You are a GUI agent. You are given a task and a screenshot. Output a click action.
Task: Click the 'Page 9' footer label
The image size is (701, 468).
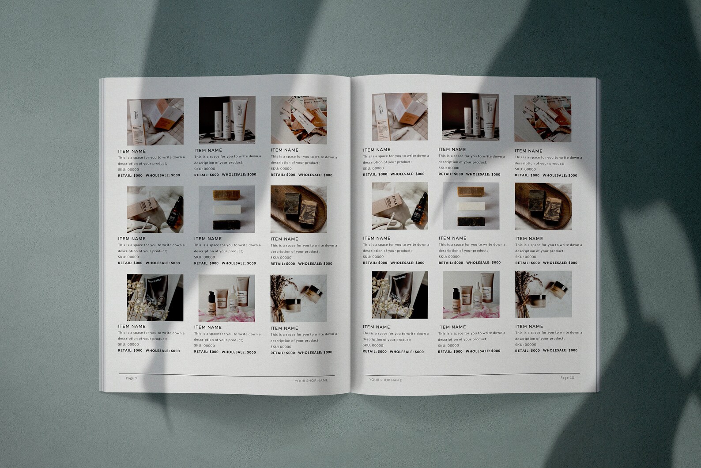(x=132, y=378)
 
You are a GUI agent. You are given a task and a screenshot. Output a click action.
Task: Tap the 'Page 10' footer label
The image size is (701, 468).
(x=567, y=378)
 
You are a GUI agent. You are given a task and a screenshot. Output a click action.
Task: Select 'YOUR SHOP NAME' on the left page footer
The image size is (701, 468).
(x=311, y=380)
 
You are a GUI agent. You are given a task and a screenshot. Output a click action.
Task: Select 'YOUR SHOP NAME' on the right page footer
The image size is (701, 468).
(x=385, y=380)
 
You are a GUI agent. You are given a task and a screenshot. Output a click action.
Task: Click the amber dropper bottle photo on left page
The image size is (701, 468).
(x=155, y=209)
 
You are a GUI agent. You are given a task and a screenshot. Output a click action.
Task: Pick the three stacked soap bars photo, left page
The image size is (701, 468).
(x=227, y=209)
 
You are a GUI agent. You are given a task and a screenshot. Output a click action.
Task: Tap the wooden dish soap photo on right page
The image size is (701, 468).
(x=543, y=206)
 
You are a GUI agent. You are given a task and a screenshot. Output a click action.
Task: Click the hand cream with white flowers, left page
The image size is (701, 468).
(x=155, y=297)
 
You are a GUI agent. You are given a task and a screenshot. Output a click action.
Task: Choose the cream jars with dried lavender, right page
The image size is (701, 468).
(x=543, y=294)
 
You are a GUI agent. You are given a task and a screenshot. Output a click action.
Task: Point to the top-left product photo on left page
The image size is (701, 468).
(x=155, y=122)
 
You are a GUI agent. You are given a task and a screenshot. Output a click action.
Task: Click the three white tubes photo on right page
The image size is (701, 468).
(x=470, y=117)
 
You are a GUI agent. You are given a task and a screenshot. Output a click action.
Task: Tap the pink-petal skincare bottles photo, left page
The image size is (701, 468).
(x=227, y=297)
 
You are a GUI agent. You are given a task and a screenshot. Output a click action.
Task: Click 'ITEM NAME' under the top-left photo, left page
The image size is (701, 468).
(x=132, y=151)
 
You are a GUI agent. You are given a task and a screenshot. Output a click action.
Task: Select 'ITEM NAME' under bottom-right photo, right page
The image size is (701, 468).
(x=529, y=327)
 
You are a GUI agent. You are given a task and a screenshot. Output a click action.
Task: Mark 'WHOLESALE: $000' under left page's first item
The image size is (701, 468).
(x=163, y=175)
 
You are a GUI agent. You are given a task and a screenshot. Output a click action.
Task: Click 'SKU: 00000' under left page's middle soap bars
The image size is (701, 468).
(x=204, y=257)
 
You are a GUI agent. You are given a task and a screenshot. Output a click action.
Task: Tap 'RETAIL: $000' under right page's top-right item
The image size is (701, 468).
(x=527, y=175)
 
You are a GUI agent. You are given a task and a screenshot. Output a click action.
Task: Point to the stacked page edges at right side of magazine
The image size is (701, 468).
(x=598, y=234)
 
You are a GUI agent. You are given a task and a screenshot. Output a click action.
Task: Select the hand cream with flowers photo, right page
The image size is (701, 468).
(x=399, y=295)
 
